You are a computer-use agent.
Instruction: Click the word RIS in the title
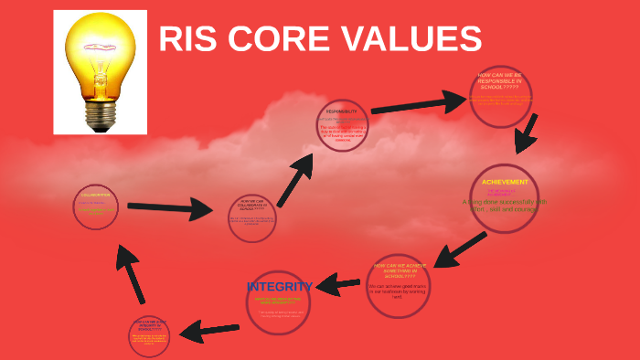(188, 39)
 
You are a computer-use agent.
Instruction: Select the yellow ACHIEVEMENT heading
(505, 182)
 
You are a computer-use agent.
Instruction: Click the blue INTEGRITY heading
(280, 286)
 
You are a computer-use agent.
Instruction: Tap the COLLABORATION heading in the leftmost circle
(95, 195)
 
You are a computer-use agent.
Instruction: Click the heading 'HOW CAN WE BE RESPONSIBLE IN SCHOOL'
(501, 80)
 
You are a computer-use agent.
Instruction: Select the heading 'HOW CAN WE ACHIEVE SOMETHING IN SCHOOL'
(398, 270)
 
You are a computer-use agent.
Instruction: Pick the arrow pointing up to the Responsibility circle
(295, 181)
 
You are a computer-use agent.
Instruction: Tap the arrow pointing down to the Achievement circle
(526, 134)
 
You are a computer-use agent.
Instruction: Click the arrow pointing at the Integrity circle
(338, 286)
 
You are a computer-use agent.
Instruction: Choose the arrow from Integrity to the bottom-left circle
(209, 330)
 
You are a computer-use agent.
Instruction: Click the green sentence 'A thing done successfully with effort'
(504, 204)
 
